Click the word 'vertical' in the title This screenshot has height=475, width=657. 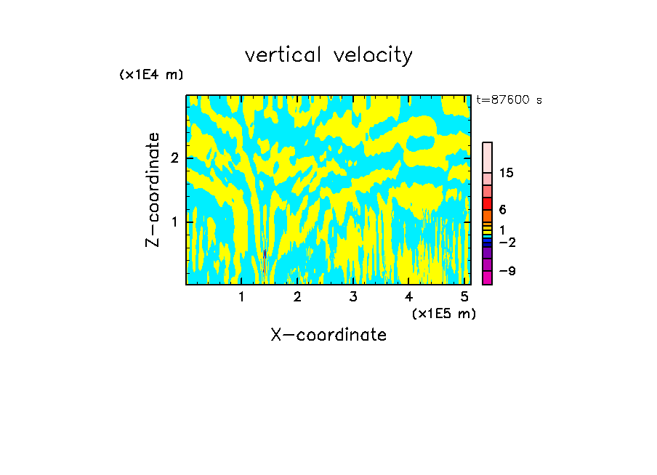pyautogui.click(x=284, y=55)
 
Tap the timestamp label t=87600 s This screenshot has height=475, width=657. pyautogui.click(x=509, y=100)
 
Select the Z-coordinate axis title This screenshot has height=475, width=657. pyautogui.click(x=153, y=190)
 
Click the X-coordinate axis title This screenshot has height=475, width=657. pyautogui.click(x=328, y=335)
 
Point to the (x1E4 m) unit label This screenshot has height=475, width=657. pyautogui.click(x=151, y=75)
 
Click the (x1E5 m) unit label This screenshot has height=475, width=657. pyautogui.click(x=443, y=313)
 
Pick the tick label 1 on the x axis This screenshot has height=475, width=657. pyautogui.click(x=242, y=297)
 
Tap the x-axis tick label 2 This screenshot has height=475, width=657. pyautogui.click(x=297, y=297)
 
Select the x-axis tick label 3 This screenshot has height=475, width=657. pyautogui.click(x=353, y=297)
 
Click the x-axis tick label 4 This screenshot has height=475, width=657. pyautogui.click(x=408, y=297)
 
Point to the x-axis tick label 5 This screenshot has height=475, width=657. pyautogui.click(x=464, y=297)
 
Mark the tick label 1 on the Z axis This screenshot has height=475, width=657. pyautogui.click(x=174, y=222)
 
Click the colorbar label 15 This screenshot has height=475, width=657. pyautogui.click(x=507, y=173)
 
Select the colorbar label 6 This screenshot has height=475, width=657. pyautogui.click(x=503, y=210)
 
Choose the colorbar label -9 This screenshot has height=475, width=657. pyautogui.click(x=506, y=271)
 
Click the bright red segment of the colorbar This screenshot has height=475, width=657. pyautogui.click(x=487, y=203)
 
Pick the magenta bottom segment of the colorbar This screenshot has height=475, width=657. pyautogui.click(x=487, y=277)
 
